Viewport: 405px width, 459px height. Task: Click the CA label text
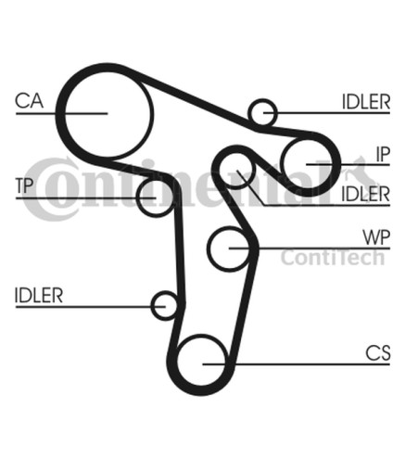(x=30, y=101)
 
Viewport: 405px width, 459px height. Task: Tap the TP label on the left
(x=24, y=185)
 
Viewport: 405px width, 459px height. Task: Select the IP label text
(x=383, y=154)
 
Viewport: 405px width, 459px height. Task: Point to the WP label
(x=376, y=237)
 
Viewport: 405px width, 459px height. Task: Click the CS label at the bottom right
(x=378, y=353)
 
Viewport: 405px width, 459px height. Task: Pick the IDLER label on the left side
(x=39, y=295)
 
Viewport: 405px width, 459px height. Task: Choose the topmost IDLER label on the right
(x=366, y=102)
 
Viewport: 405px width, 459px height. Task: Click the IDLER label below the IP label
(x=365, y=194)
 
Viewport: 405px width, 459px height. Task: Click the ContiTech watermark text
(x=333, y=258)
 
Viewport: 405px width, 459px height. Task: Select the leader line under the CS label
(x=296, y=364)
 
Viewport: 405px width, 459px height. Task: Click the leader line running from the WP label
(x=310, y=248)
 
